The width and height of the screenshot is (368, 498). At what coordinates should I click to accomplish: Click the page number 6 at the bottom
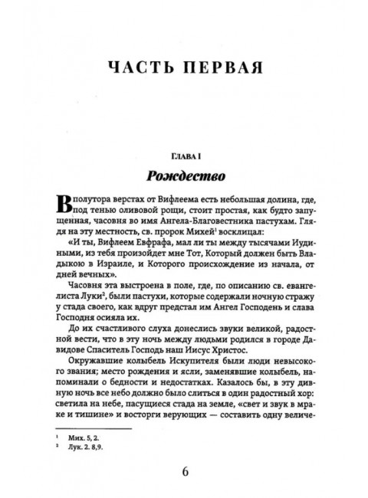pyautogui.click(x=183, y=469)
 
